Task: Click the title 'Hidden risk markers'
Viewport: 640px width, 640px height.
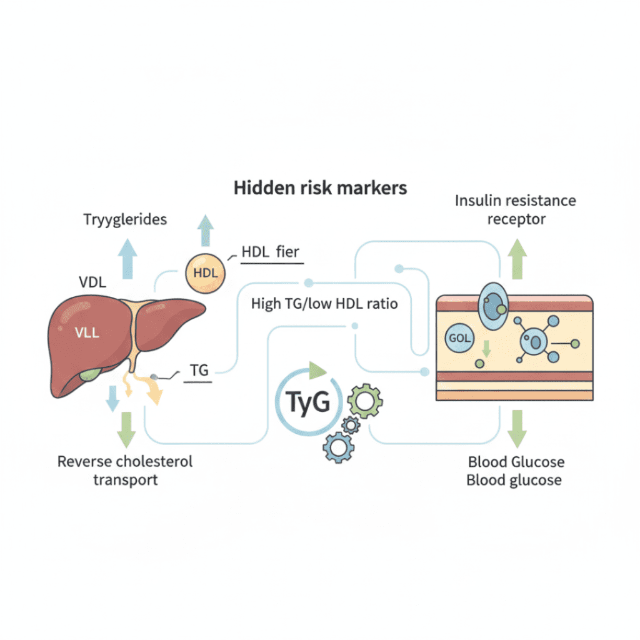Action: click(x=321, y=188)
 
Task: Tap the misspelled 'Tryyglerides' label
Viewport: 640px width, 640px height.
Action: click(x=125, y=219)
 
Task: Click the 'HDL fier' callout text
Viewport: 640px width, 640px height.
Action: click(x=271, y=252)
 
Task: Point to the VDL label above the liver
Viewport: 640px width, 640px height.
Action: click(x=91, y=282)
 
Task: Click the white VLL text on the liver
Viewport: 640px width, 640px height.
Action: click(x=87, y=332)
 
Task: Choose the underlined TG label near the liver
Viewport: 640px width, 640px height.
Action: click(x=199, y=371)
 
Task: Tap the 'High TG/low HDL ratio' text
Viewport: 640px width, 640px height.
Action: click(x=324, y=304)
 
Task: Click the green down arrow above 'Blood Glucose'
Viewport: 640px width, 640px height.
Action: click(x=516, y=428)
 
